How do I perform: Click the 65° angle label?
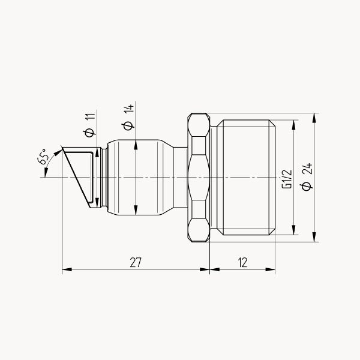coord(43,157)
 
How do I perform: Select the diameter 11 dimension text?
coord(90,125)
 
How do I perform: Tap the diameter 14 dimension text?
coord(128,117)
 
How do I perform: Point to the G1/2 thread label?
coord(287,179)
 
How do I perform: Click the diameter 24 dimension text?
coord(307,177)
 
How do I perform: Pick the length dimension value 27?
coord(136,262)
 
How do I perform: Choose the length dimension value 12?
coord(242,262)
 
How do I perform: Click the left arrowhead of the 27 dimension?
coord(67,269)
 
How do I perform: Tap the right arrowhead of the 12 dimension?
coord(270,269)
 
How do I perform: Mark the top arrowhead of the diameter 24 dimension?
coord(314,118)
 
